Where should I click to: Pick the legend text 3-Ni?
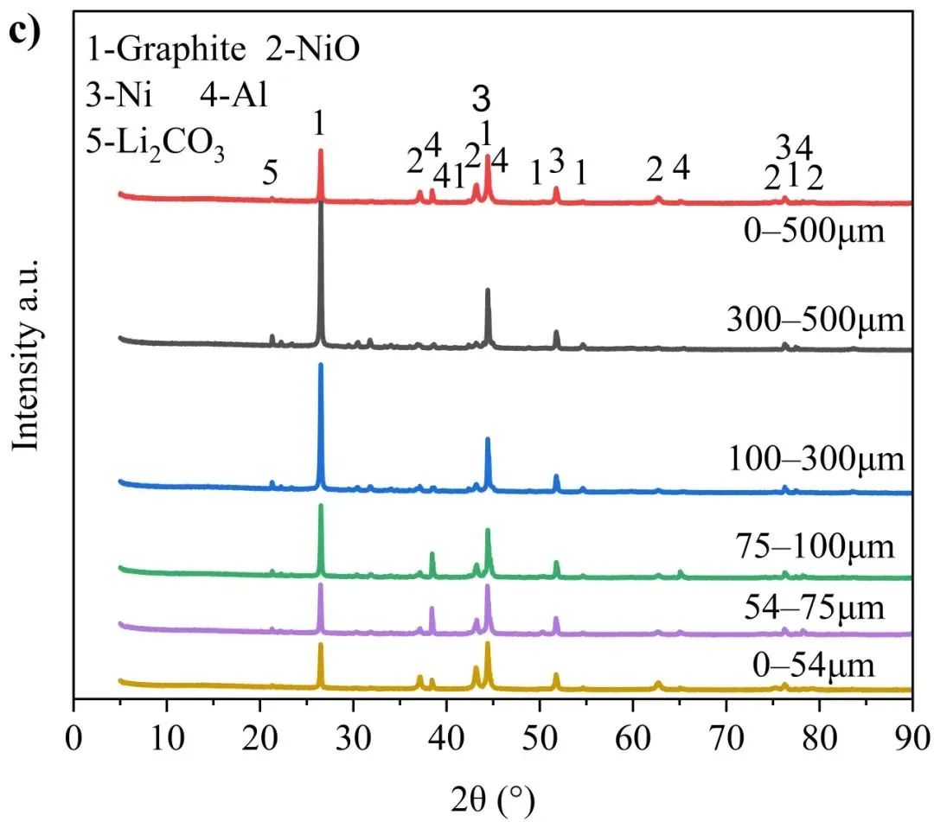tap(119, 94)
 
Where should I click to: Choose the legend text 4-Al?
tap(233, 94)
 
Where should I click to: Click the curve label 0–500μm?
tap(815, 231)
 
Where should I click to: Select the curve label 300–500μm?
tap(816, 319)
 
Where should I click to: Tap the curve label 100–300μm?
tap(816, 458)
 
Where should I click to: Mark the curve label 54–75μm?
tap(815, 608)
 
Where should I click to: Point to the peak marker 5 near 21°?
tap(270, 175)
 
